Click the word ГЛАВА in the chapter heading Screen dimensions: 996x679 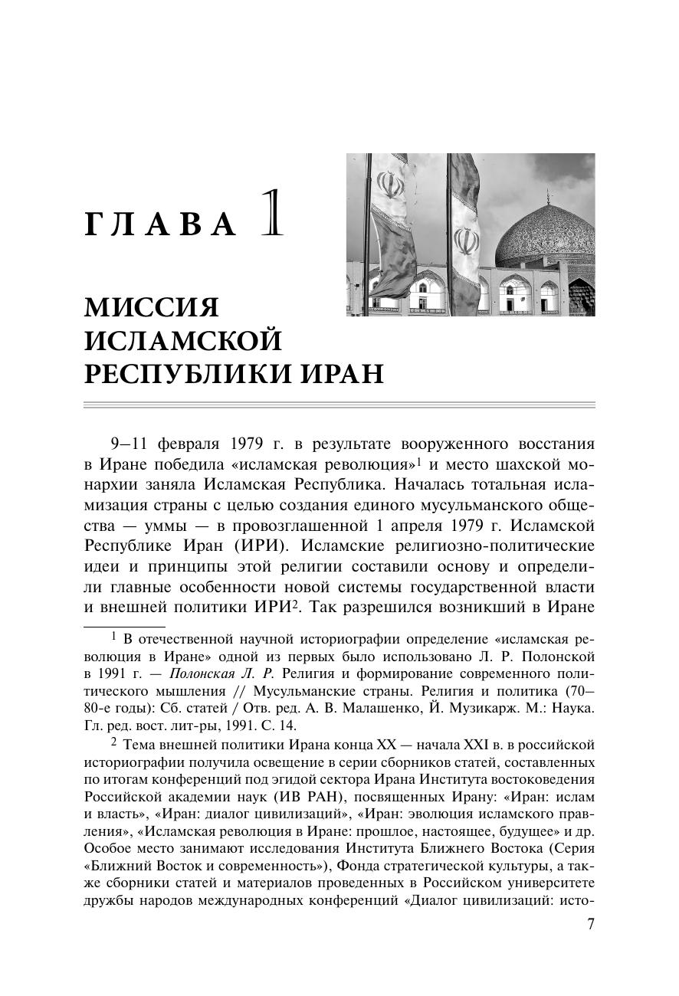(x=161, y=223)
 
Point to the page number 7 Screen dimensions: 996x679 (x=590, y=924)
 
